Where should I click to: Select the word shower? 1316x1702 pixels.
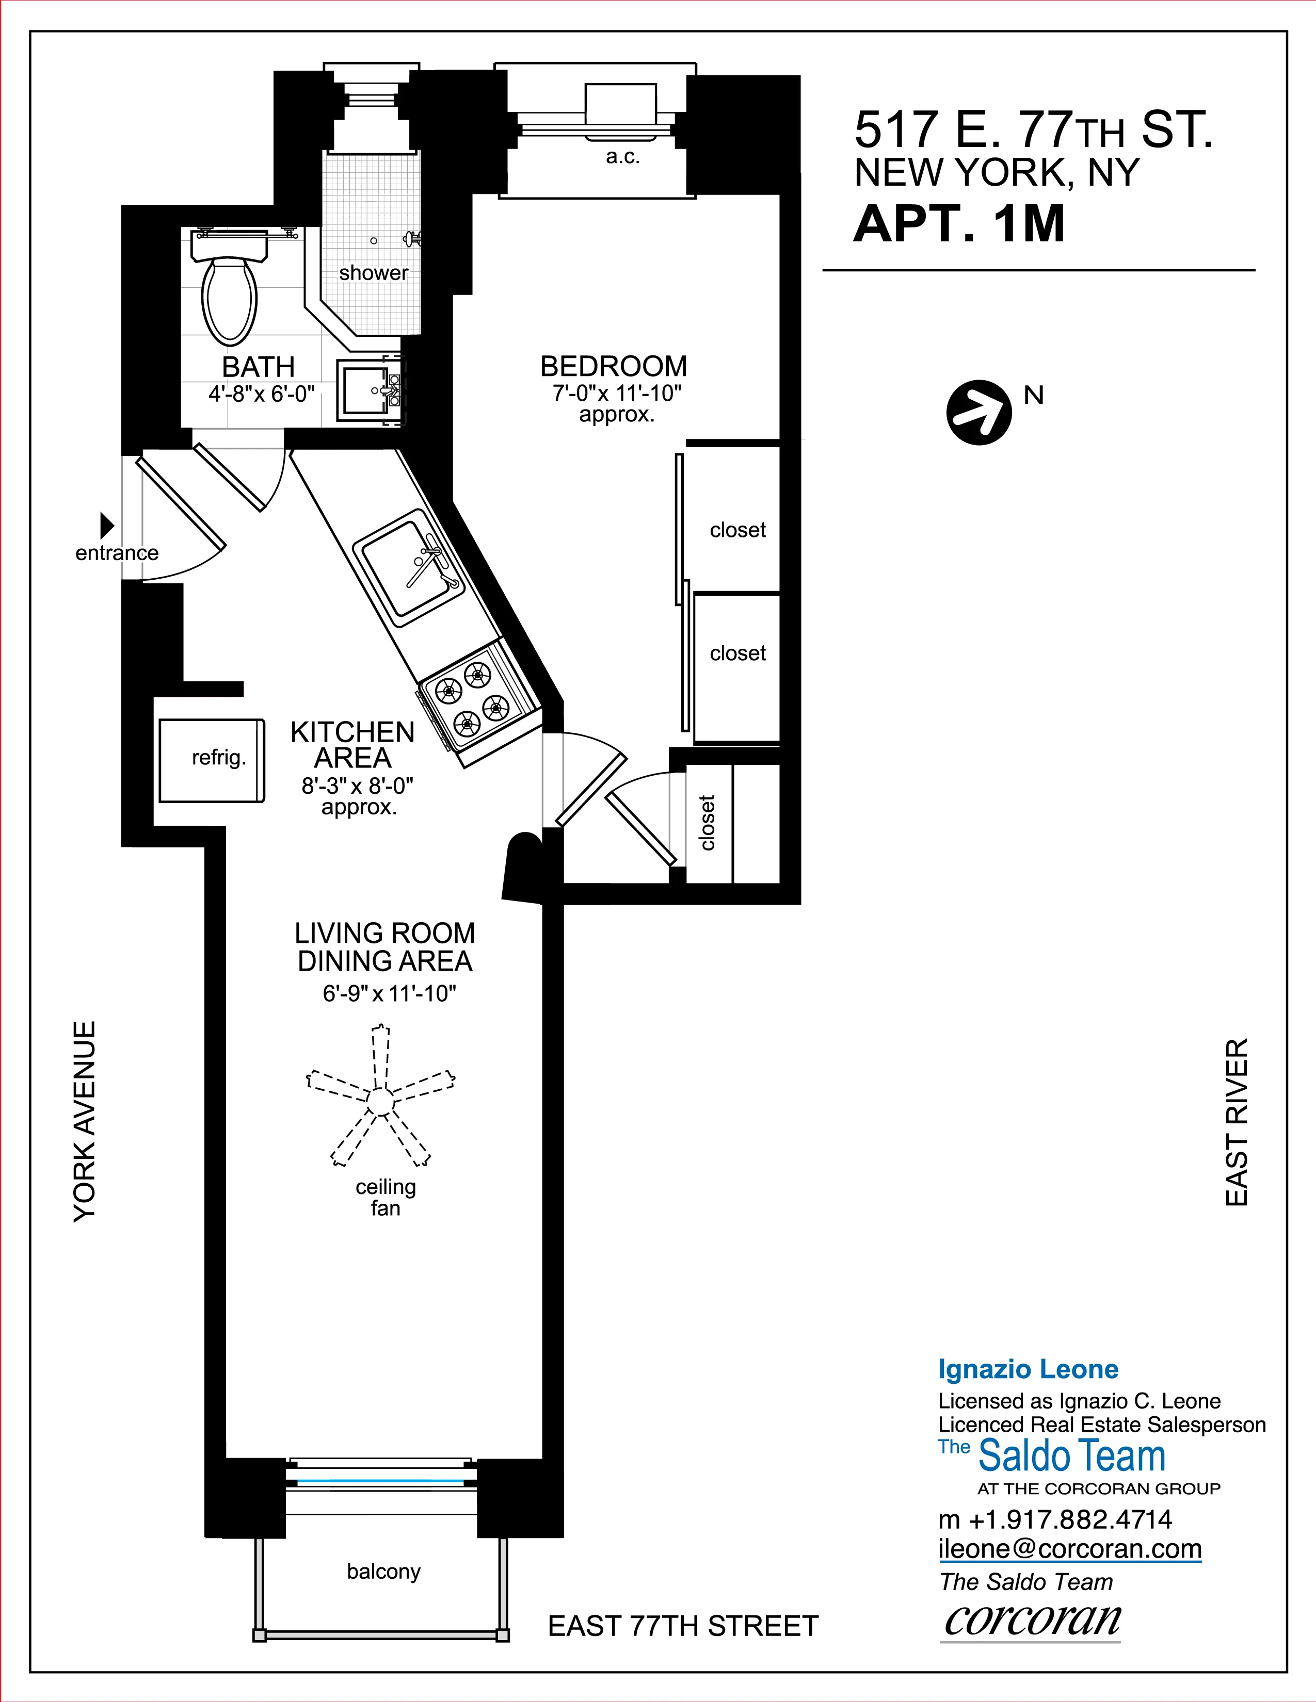coord(374,273)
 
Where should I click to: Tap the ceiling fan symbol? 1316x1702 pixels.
coord(380,1101)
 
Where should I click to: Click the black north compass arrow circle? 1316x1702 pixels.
coord(978,412)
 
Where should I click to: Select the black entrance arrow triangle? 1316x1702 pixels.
coord(107,525)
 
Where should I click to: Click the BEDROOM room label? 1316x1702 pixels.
coord(614,366)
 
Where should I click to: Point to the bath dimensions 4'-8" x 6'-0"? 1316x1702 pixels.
coord(261,395)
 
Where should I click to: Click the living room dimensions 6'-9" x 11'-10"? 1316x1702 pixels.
coord(389,994)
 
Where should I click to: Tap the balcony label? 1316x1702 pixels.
coord(383,1571)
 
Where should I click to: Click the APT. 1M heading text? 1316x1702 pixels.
coord(959,224)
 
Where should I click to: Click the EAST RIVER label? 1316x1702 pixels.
coord(1237,1122)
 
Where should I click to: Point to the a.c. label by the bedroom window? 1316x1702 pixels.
coord(622,157)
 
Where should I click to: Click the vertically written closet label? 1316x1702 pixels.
coord(707,823)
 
